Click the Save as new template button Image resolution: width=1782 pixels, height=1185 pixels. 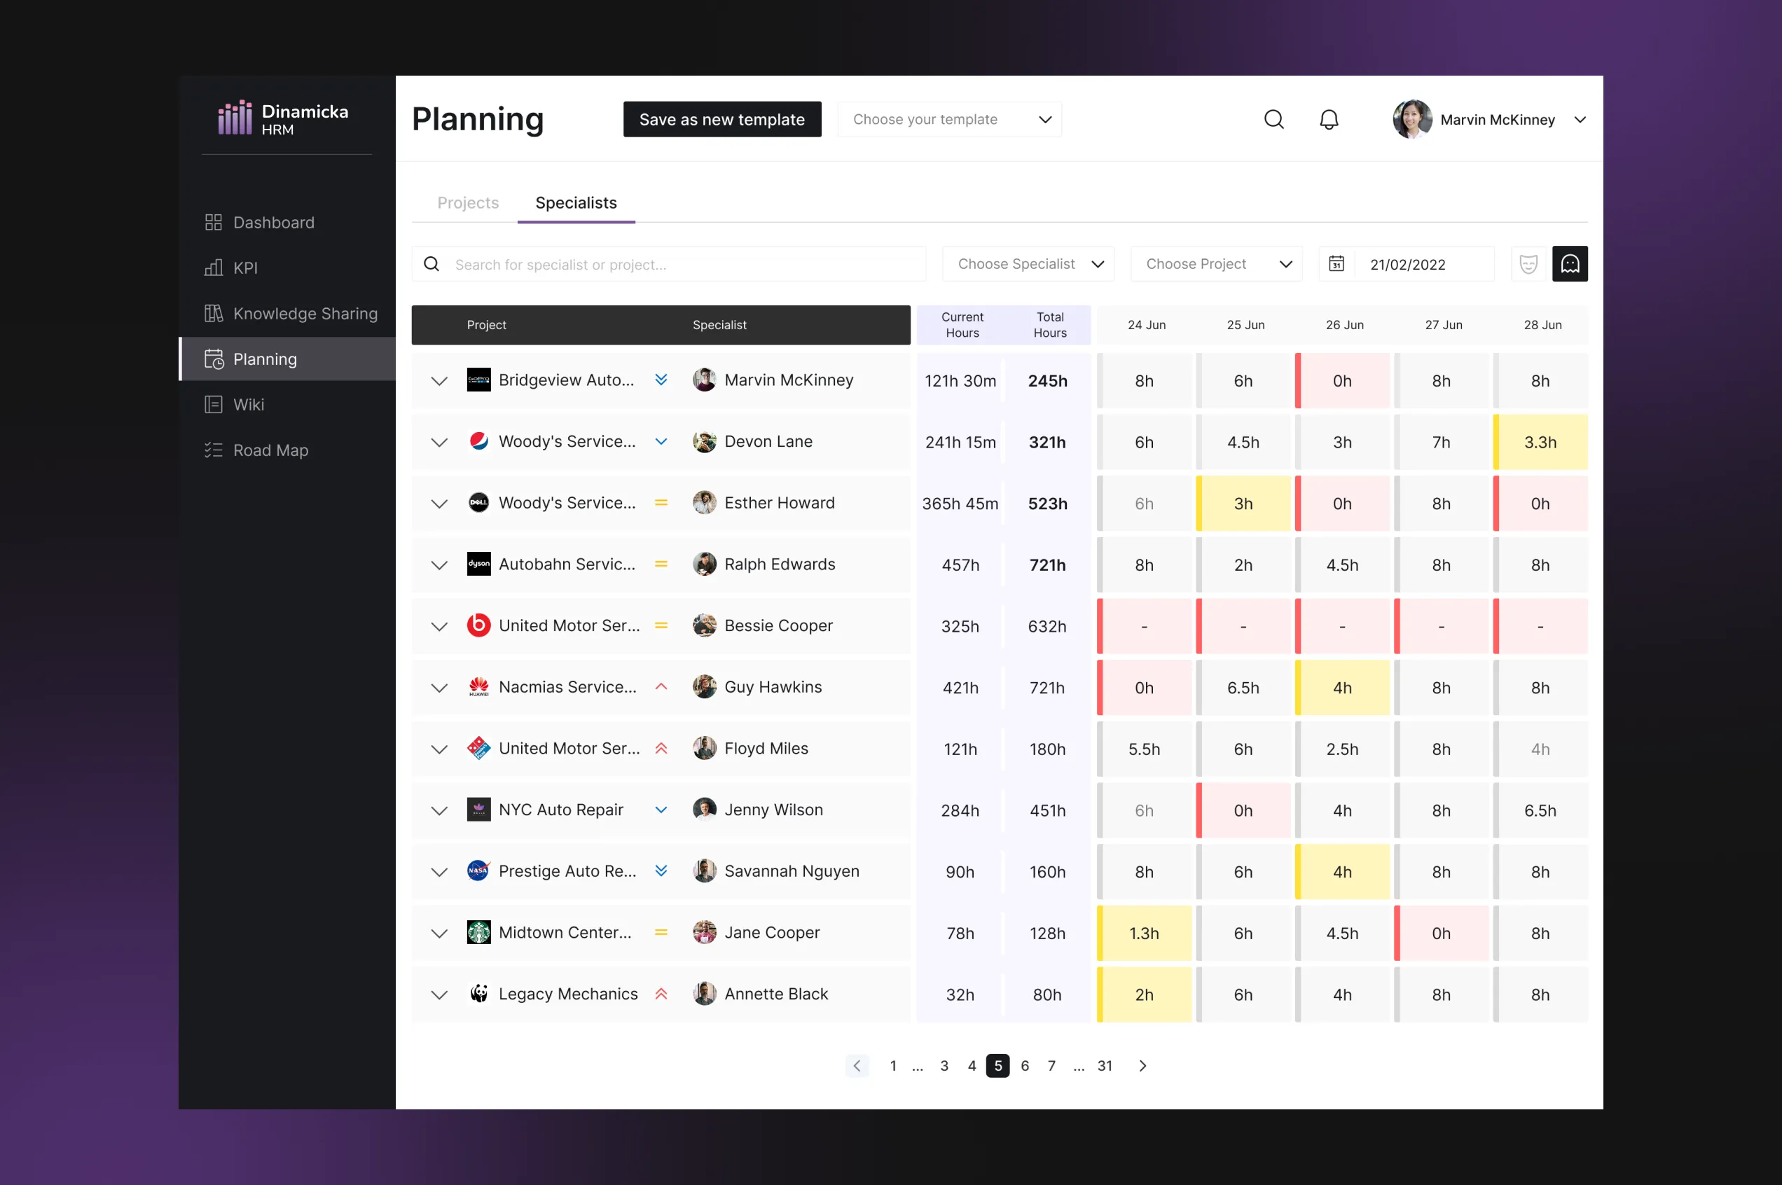tap(721, 119)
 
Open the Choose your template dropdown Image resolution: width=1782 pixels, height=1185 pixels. tap(949, 119)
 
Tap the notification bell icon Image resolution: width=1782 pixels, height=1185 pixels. tap(1329, 119)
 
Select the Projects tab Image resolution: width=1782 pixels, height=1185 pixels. tap(468, 202)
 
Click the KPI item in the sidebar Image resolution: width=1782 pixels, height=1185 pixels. tap(245, 268)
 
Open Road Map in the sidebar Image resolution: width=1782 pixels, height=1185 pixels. tap(270, 450)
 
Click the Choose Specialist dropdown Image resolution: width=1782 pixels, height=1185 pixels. tap(1028, 264)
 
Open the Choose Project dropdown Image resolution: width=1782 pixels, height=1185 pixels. tap(1216, 264)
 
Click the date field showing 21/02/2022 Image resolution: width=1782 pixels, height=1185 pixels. tap(1407, 265)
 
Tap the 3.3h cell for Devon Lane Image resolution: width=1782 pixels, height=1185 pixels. tap(1540, 442)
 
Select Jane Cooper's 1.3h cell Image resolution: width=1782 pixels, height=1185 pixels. tap(1144, 934)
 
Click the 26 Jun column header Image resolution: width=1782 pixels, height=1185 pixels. tap(1344, 325)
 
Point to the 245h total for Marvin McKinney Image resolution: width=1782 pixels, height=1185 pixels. tap(1047, 381)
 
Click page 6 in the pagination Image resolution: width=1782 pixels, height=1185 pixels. tap(1025, 1066)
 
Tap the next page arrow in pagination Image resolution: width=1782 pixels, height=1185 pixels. tap(1142, 1066)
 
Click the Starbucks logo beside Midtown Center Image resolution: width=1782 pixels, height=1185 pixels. tap(478, 933)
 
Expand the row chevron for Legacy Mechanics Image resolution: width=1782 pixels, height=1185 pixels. tap(439, 995)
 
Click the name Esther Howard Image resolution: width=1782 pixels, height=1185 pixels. tap(779, 504)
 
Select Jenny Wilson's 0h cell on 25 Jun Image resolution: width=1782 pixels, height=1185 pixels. tap(1243, 811)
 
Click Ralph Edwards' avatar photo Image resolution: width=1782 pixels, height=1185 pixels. tap(705, 564)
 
